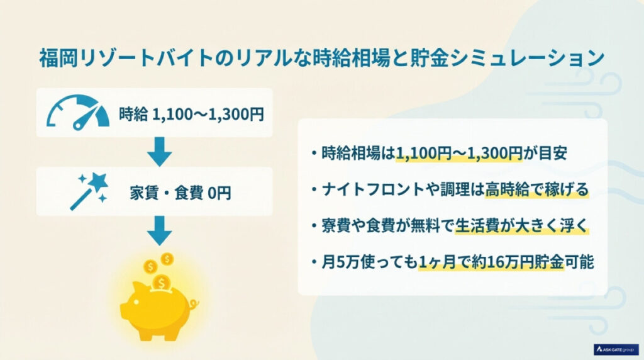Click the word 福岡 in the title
tap(53, 60)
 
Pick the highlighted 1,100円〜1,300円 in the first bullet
tap(458, 154)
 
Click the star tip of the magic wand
tap(97, 181)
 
